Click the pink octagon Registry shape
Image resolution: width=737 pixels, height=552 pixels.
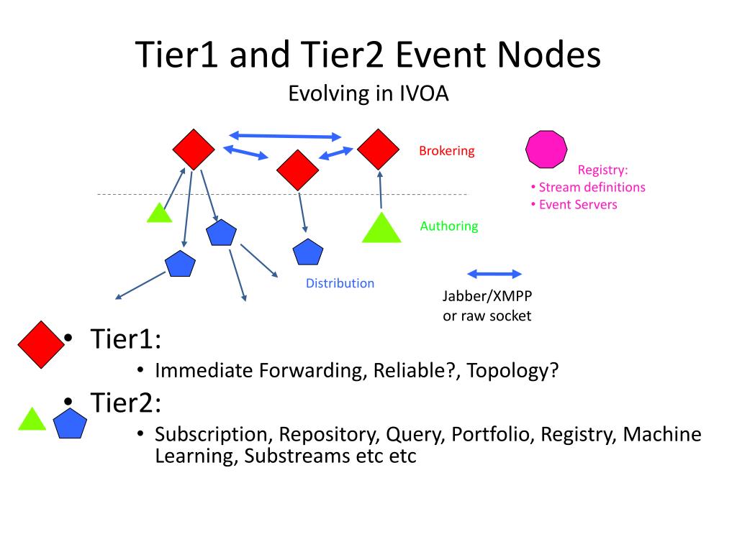click(x=546, y=149)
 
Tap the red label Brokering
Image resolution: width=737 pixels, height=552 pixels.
click(x=446, y=151)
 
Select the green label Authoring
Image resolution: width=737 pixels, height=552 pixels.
click(x=449, y=226)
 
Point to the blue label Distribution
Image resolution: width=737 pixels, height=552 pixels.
click(x=340, y=283)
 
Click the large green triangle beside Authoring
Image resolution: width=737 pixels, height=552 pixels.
click(x=381, y=229)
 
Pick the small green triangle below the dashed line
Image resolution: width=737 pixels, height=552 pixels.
click(x=159, y=213)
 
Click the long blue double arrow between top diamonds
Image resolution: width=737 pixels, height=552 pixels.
click(x=285, y=136)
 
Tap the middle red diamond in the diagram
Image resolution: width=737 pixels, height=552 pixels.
click(x=297, y=170)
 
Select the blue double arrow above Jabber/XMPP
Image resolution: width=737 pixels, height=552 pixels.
click(x=494, y=274)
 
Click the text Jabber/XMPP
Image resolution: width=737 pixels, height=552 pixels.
click(x=487, y=296)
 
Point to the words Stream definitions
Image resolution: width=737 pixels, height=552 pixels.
click(x=592, y=188)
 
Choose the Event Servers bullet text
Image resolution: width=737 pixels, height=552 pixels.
click(x=578, y=205)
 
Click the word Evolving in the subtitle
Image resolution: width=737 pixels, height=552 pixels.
click(x=325, y=93)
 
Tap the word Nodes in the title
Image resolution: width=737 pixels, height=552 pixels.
click(x=549, y=55)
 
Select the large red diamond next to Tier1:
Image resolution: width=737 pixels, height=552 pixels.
click(x=41, y=344)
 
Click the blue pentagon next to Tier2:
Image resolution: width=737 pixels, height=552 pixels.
click(x=70, y=424)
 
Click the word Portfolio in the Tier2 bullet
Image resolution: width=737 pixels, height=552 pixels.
click(x=490, y=435)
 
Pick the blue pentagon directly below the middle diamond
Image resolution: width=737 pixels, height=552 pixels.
click(x=308, y=252)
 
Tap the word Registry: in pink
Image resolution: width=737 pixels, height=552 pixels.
click(x=602, y=170)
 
